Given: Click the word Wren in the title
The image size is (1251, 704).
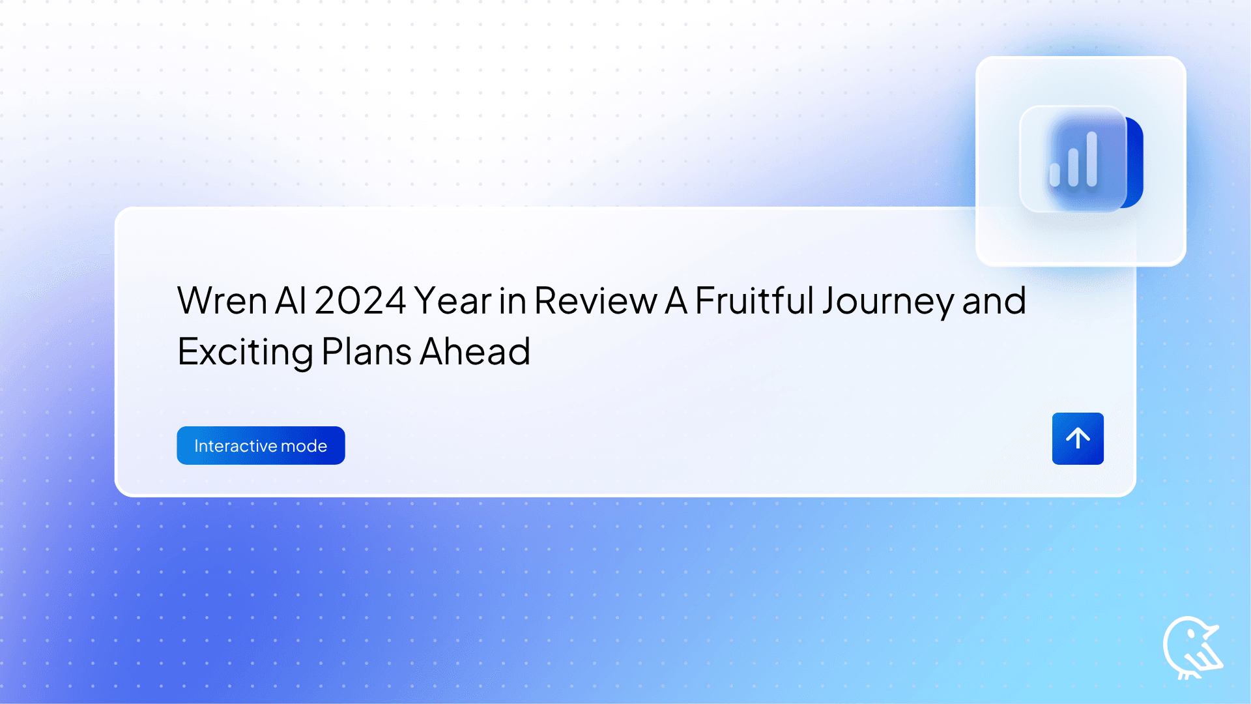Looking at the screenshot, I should (222, 301).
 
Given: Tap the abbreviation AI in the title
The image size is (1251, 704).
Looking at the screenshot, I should (291, 301).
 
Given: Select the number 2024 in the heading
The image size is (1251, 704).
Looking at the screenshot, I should (360, 301).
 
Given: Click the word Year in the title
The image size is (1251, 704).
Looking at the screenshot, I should (453, 301).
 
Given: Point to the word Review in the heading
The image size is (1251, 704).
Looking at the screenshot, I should (596, 301).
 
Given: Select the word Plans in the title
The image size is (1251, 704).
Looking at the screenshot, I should (366, 352).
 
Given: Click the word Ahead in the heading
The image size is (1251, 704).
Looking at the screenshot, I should (475, 352).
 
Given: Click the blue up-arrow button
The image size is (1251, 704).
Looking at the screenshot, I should (1078, 439).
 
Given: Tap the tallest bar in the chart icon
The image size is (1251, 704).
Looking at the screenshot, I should (1092, 158).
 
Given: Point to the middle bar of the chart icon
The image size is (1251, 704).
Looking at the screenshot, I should (1073, 166).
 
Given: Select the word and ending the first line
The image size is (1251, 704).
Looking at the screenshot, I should (994, 301).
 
